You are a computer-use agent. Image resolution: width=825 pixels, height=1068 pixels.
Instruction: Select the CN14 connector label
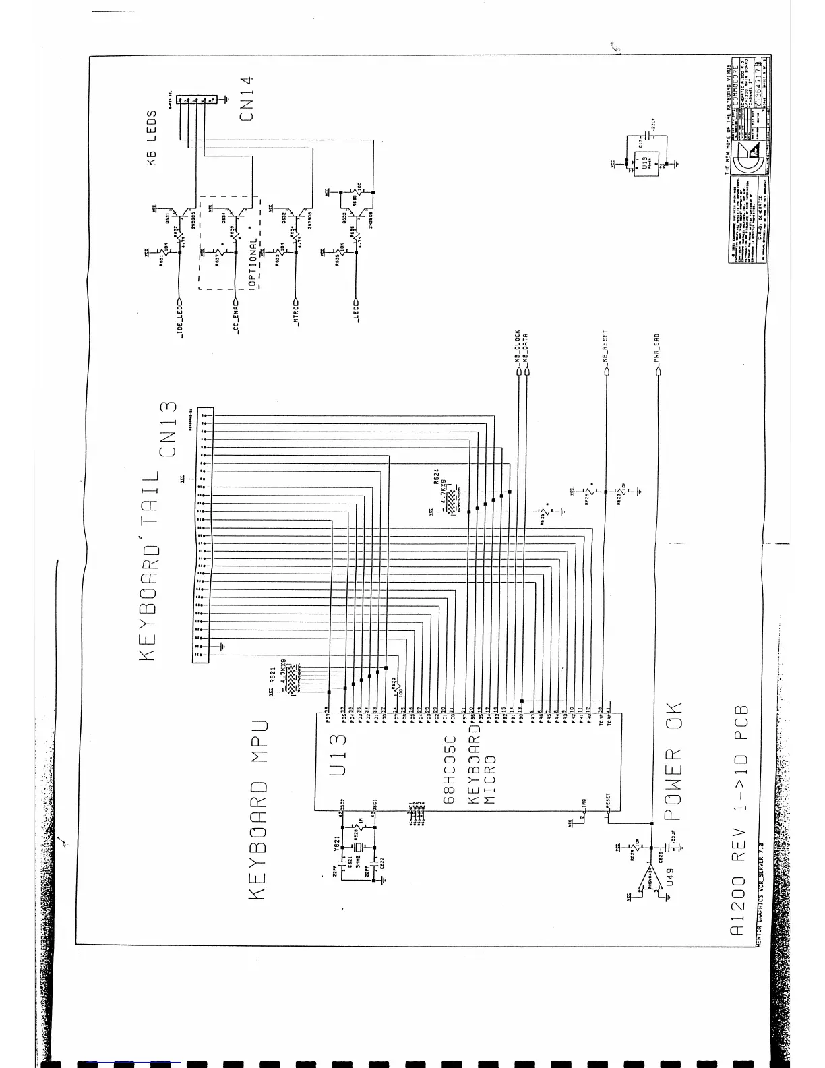[247, 96]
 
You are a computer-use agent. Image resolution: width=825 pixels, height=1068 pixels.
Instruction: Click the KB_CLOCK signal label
[517, 347]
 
